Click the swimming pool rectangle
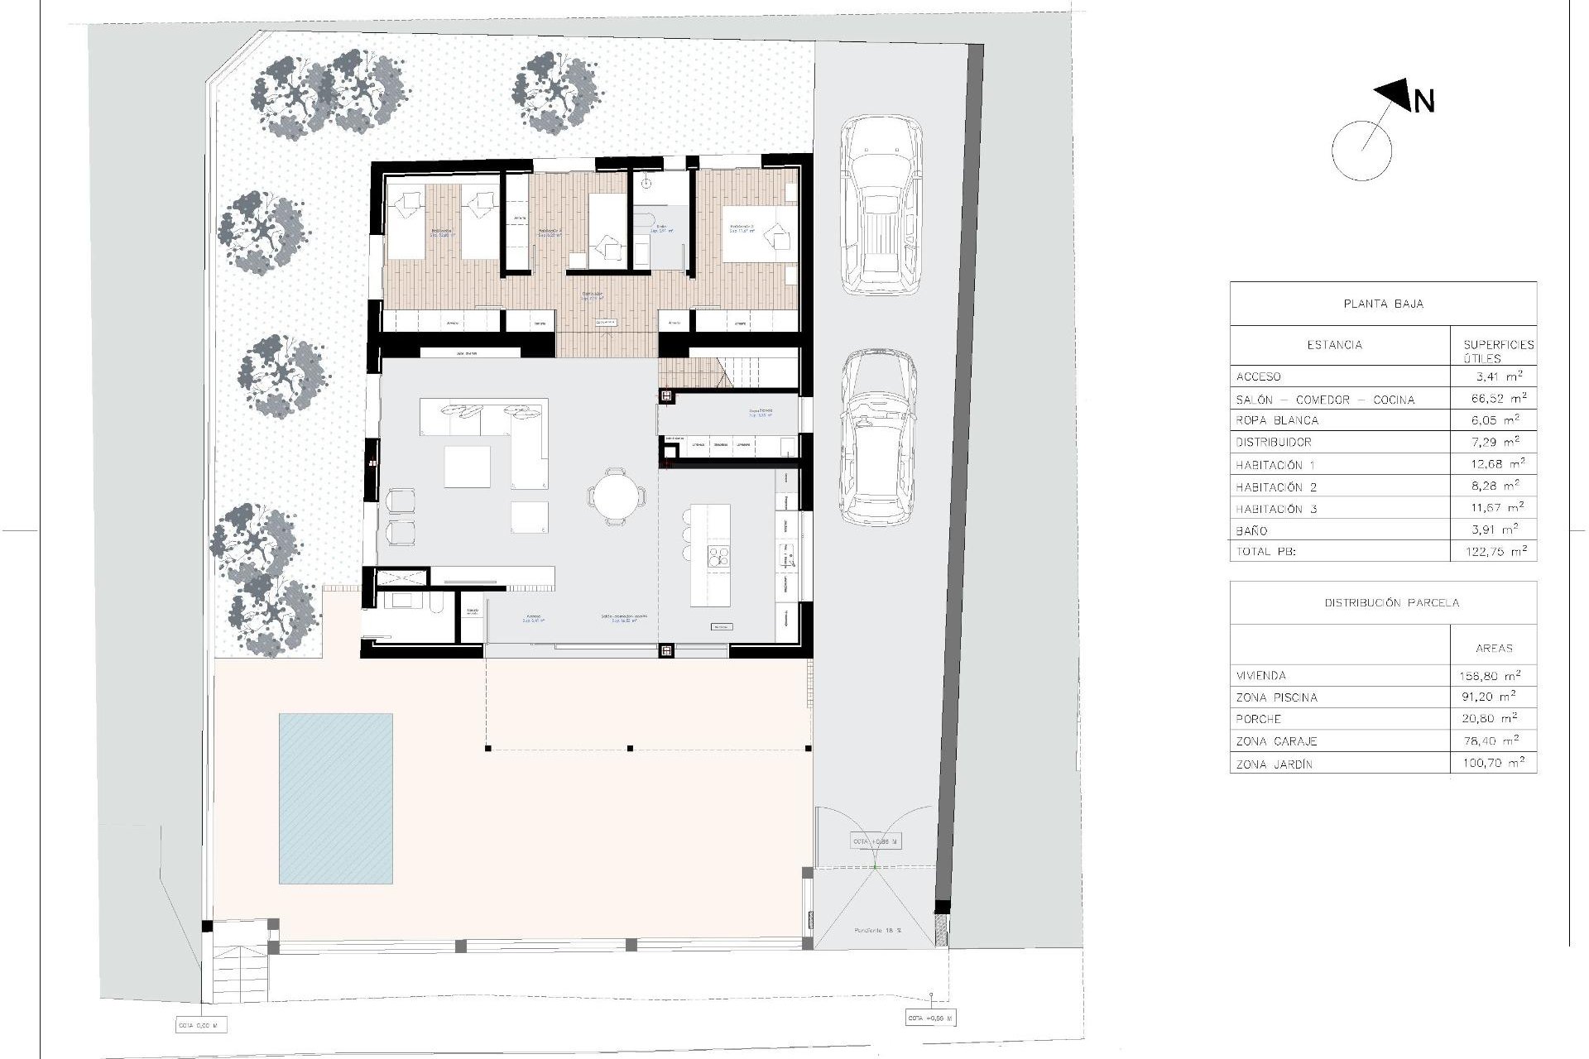(335, 798)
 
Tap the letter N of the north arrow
(1423, 102)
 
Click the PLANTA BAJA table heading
(1383, 304)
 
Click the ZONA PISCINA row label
(1276, 697)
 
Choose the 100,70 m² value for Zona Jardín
(1493, 764)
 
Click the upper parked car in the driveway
(881, 205)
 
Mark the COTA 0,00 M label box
(199, 1026)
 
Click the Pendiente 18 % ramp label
(878, 931)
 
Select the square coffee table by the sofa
(467, 467)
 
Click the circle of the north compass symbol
(1361, 151)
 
